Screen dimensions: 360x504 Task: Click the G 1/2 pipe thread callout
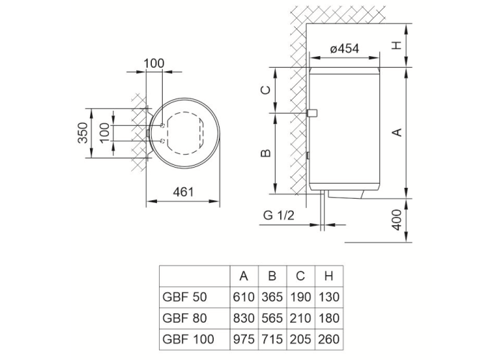click(x=277, y=215)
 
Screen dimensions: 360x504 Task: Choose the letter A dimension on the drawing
click(x=395, y=131)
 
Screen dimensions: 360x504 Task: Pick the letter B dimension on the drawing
click(x=264, y=153)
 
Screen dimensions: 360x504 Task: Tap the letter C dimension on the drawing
click(x=264, y=90)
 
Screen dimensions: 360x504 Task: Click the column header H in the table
click(x=328, y=276)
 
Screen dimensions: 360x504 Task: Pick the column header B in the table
click(x=271, y=276)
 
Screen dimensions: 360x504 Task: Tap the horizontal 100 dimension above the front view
click(x=154, y=63)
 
